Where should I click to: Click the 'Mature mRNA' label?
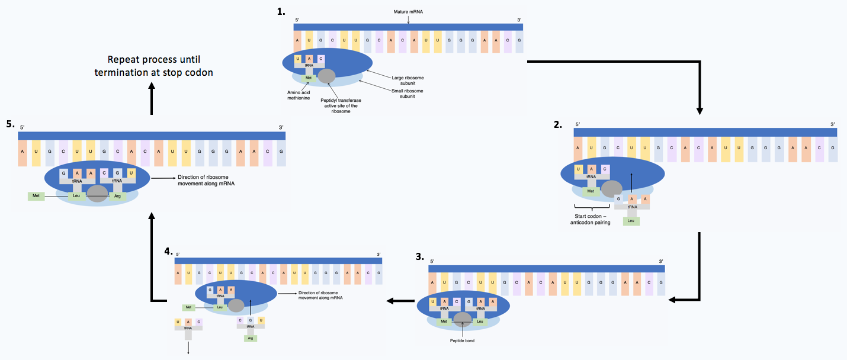pos(408,12)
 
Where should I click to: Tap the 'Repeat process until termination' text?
pos(153,66)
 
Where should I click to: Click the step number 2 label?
pos(557,125)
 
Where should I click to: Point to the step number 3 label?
pos(420,256)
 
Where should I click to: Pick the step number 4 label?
pos(168,251)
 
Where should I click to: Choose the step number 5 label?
pos(10,124)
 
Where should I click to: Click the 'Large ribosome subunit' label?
pos(408,81)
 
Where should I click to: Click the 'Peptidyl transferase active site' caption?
pos(342,105)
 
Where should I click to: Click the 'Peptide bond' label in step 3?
pos(462,340)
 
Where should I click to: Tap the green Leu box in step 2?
pos(631,221)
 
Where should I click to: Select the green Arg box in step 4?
pos(250,338)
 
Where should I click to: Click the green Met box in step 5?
pos(36,195)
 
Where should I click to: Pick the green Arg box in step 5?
pos(117,195)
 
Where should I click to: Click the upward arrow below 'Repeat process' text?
pos(152,98)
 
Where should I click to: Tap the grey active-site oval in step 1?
pos(326,76)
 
